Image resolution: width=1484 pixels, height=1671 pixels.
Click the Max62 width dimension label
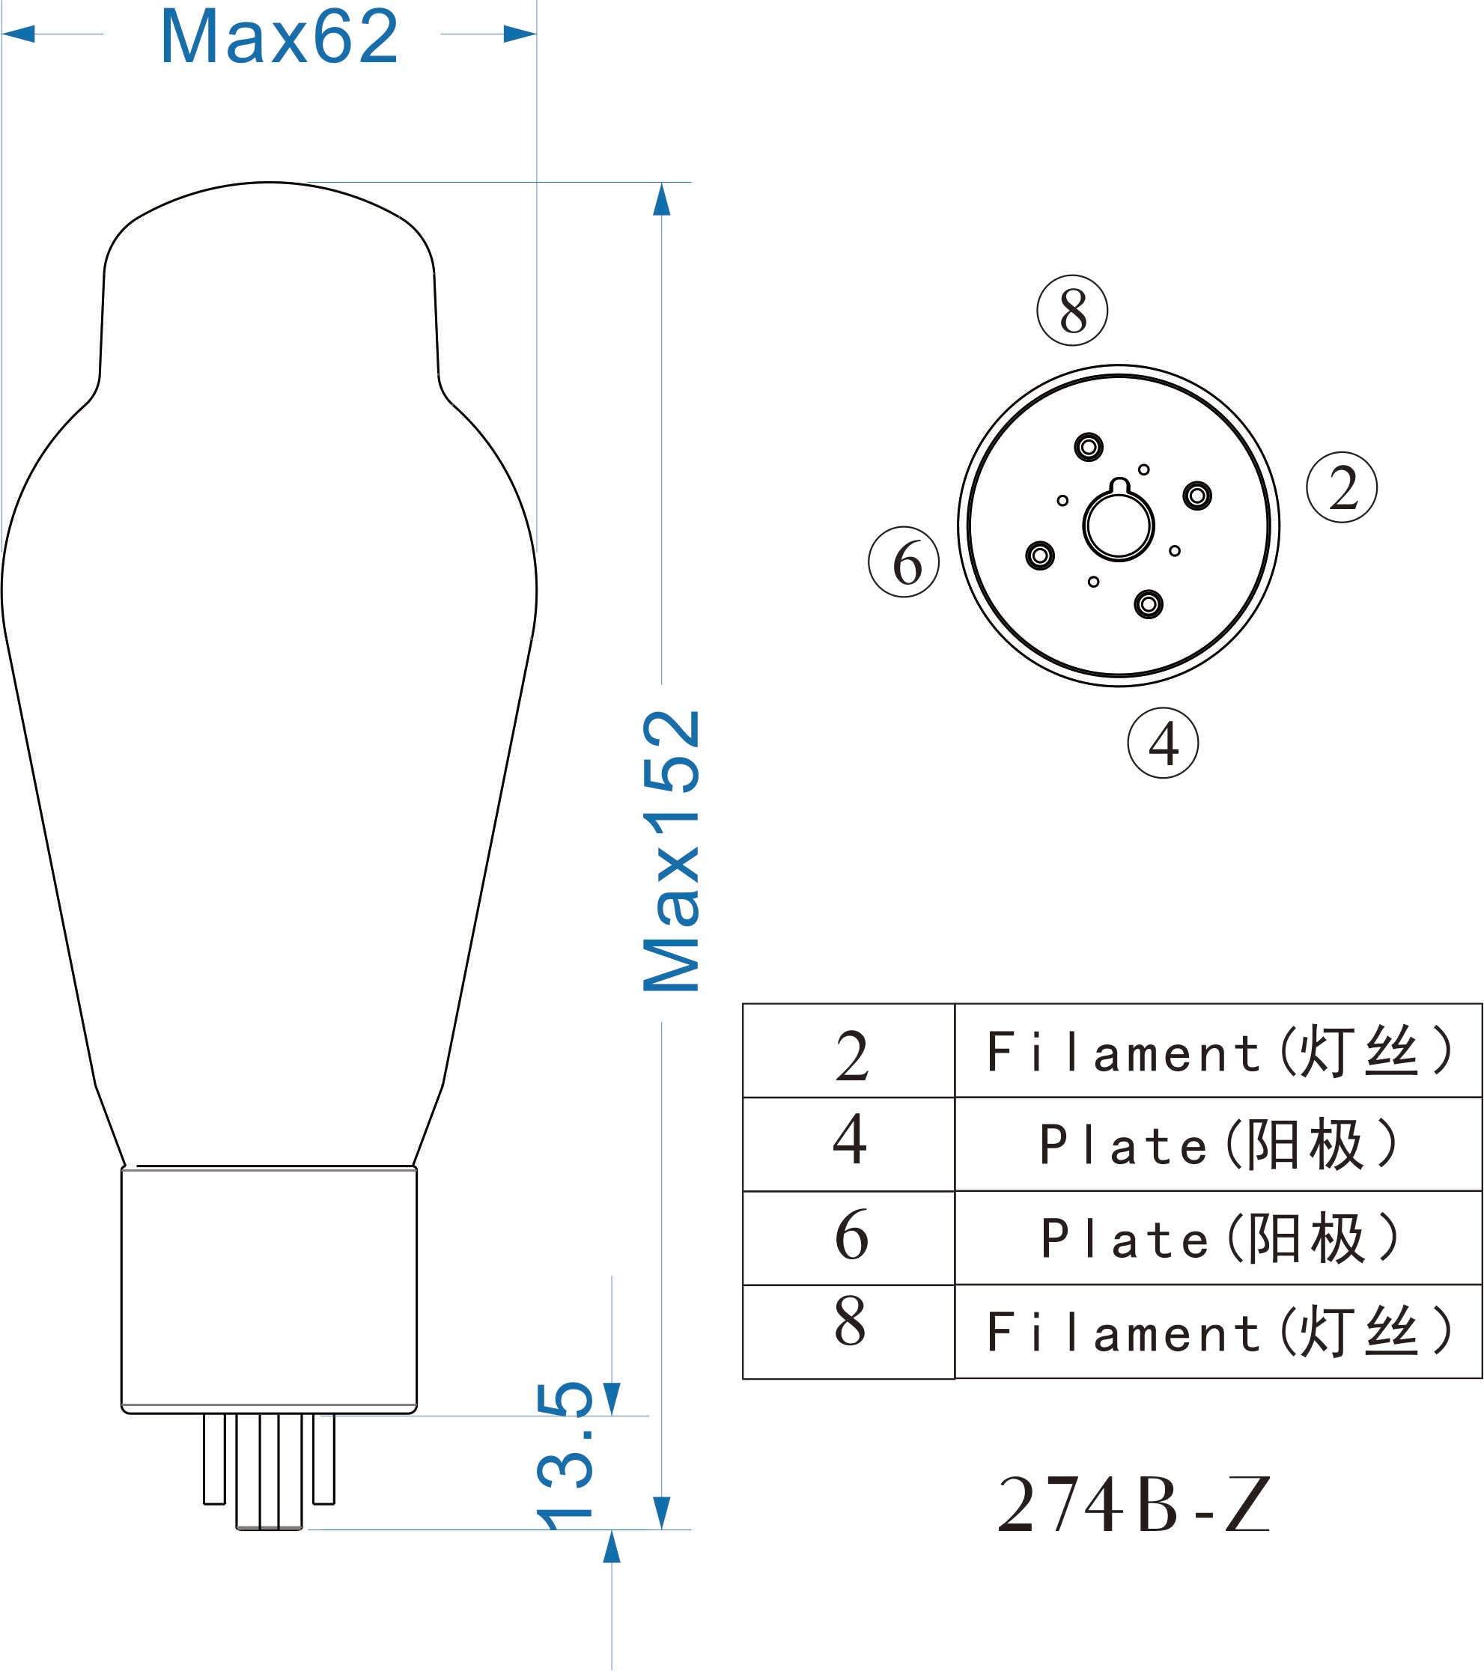tap(279, 37)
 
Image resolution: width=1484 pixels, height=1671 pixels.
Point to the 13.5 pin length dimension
tap(564, 1455)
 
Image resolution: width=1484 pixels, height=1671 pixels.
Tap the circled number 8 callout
tap(1072, 311)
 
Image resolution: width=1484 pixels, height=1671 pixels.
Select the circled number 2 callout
tap(1342, 487)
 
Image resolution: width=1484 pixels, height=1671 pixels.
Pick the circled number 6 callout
tap(904, 561)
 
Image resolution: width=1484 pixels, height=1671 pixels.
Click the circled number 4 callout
tap(1163, 743)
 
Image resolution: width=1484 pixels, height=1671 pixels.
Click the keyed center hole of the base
tap(1119, 522)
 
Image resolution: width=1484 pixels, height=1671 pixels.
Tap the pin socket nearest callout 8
tap(1088, 447)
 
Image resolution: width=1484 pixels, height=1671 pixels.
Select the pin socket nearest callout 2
tap(1197, 496)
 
